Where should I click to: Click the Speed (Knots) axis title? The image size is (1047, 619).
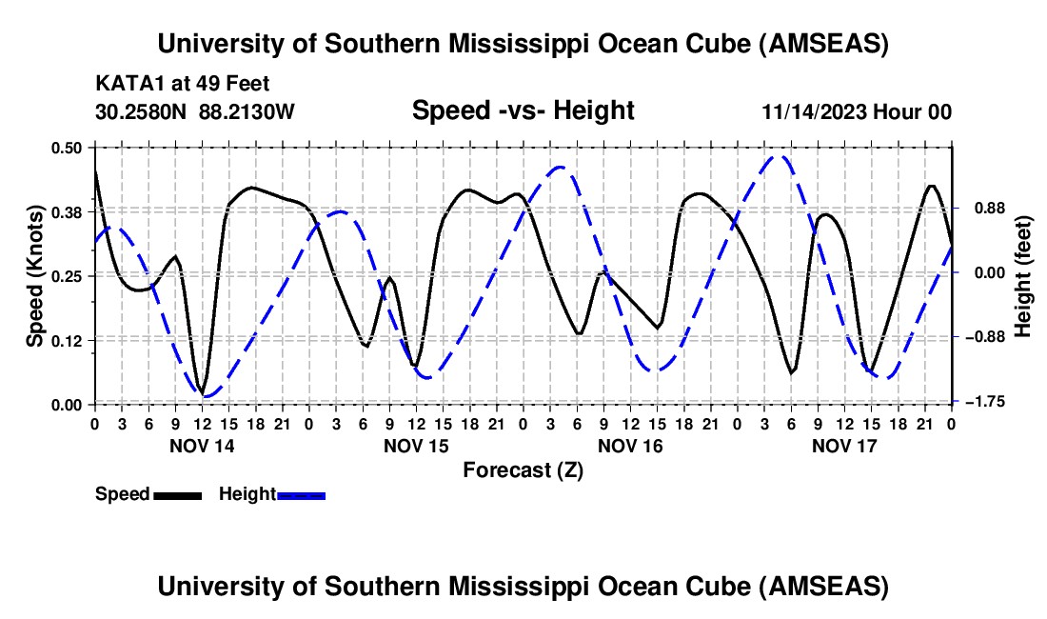tap(34, 275)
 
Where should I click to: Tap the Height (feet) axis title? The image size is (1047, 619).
tap(1023, 275)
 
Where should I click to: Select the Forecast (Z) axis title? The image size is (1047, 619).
tap(523, 469)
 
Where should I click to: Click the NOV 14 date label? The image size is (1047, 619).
tap(201, 445)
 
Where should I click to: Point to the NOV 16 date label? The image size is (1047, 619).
tap(629, 445)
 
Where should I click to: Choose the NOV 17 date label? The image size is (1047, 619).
tap(843, 445)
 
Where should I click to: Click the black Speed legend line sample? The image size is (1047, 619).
tap(177, 495)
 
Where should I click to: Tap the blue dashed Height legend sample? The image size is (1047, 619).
tap(301, 495)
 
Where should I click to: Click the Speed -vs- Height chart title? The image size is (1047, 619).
tap(523, 110)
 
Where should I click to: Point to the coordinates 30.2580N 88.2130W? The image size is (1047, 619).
tap(195, 111)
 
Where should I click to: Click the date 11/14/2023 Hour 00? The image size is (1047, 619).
tap(857, 111)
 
